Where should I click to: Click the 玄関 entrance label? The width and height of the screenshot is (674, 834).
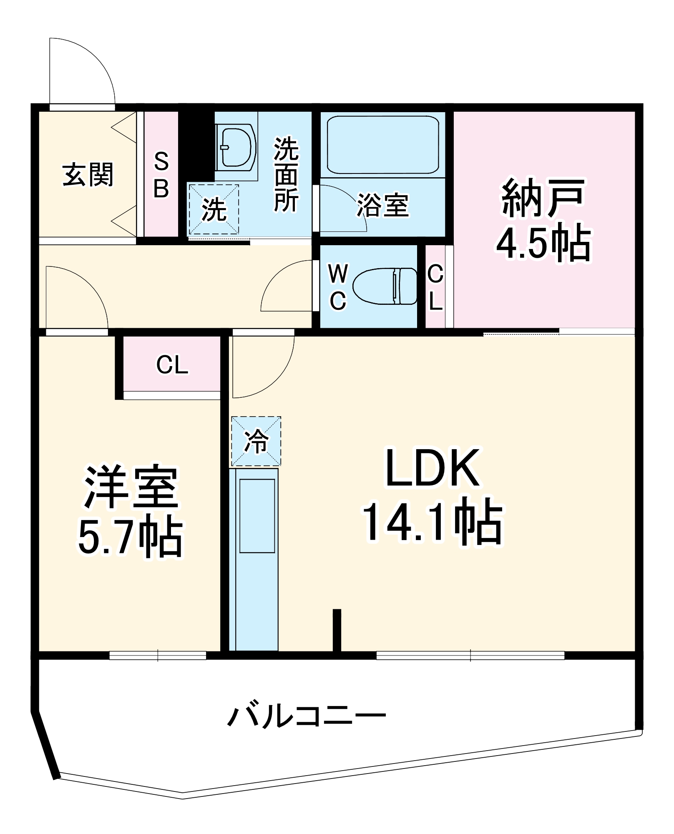[88, 175]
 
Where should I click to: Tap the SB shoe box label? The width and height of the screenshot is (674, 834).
[161, 175]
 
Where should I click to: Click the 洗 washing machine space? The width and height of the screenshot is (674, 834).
[214, 209]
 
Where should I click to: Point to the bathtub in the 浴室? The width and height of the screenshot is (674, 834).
[383, 144]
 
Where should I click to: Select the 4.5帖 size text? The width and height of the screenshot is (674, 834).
[543, 243]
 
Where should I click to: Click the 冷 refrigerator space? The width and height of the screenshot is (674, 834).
[256, 441]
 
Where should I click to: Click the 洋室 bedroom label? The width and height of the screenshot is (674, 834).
[131, 487]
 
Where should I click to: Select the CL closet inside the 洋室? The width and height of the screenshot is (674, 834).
[172, 364]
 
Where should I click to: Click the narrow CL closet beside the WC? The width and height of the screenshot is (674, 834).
[435, 287]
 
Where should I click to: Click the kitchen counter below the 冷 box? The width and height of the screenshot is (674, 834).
[254, 559]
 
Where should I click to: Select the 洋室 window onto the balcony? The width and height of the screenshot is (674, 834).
[158, 656]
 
